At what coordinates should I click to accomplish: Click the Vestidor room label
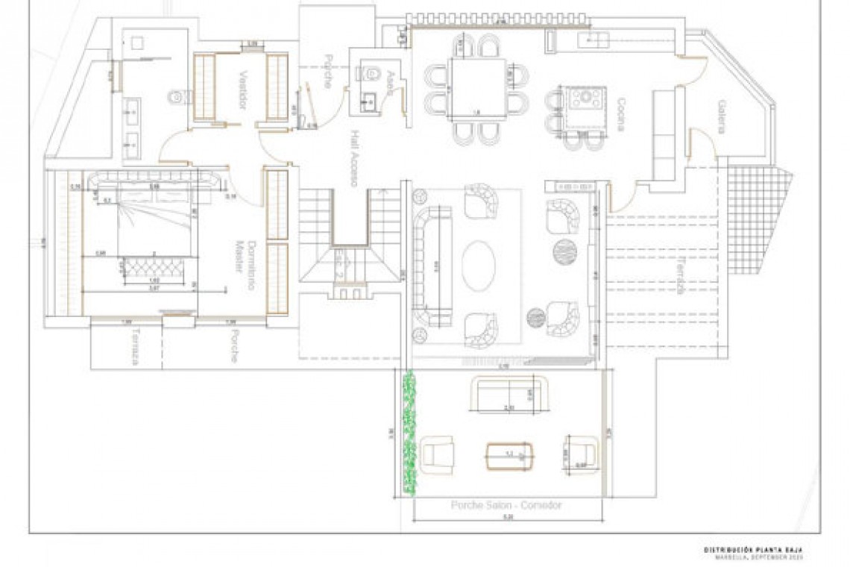(243, 90)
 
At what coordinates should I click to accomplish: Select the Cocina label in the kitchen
(620, 114)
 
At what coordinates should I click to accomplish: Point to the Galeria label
(721, 117)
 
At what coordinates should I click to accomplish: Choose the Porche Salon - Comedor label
(506, 505)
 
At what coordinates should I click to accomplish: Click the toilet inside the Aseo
(371, 73)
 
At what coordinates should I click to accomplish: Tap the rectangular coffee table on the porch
(511, 454)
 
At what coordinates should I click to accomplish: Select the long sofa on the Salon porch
(510, 394)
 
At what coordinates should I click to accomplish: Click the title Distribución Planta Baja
(754, 550)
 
